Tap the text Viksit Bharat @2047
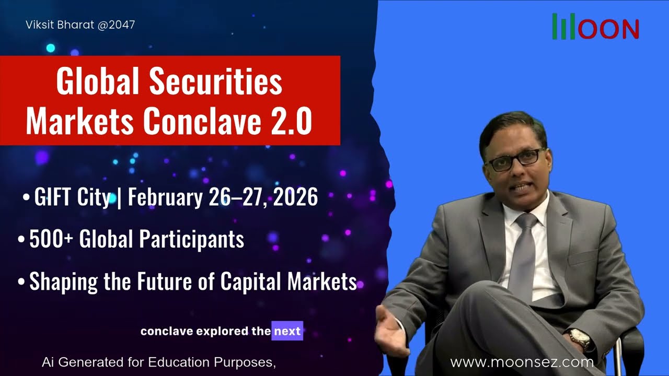(x=80, y=25)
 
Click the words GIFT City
(x=72, y=197)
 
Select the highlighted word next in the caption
(x=287, y=331)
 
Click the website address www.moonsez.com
(x=522, y=362)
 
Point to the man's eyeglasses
(x=515, y=159)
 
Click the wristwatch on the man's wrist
(x=580, y=337)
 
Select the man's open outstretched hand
(x=389, y=326)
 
